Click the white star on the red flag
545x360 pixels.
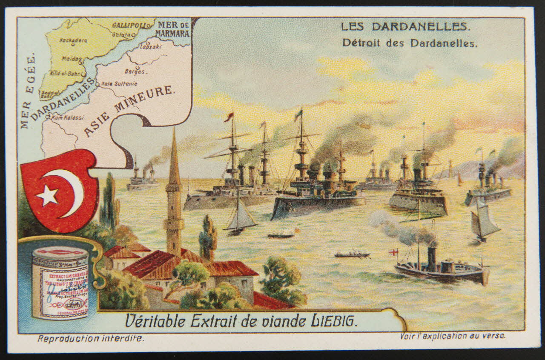tap(48, 195)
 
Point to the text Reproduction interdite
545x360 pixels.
tap(91, 339)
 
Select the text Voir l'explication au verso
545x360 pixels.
tap(453, 336)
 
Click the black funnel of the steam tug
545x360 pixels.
tap(432, 259)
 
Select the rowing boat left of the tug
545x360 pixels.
tap(352, 255)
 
